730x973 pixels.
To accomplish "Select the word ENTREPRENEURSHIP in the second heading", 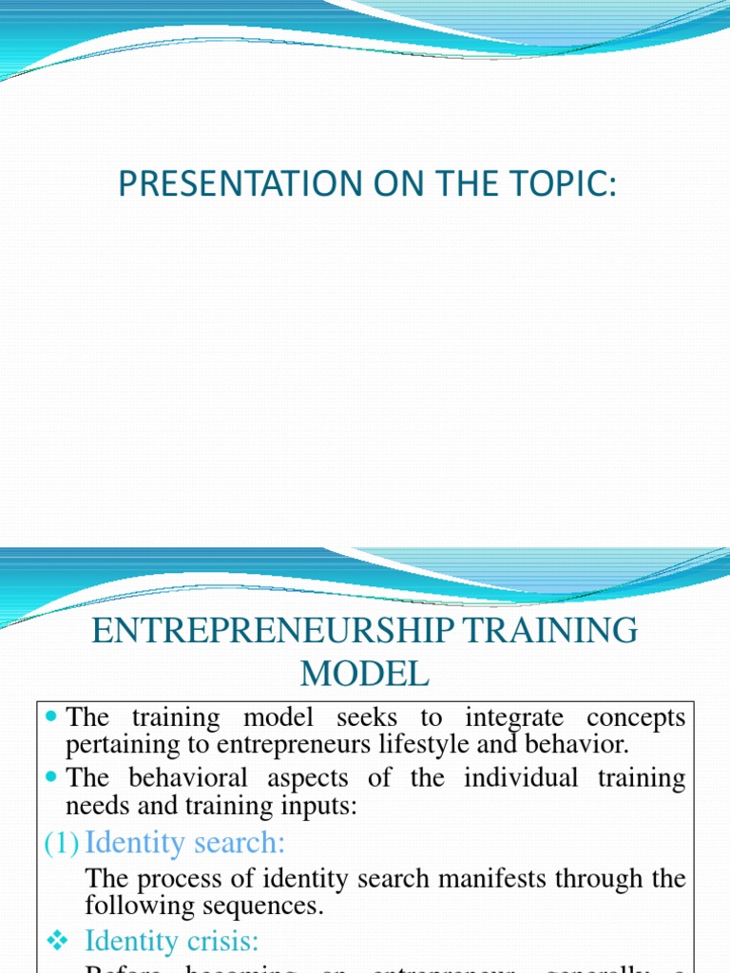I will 262,631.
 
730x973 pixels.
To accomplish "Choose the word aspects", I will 307,778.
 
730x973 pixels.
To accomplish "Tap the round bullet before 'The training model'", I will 52,717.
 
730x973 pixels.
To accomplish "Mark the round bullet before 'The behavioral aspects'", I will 52,778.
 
